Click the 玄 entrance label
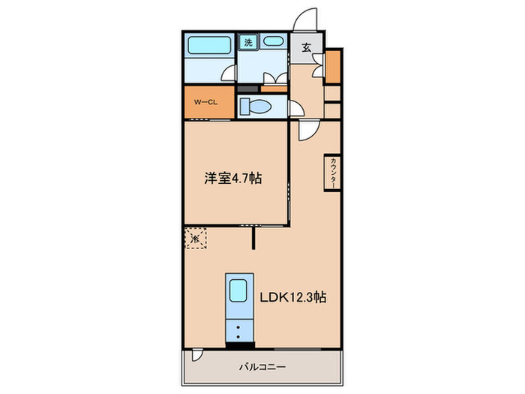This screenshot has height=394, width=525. pyautogui.click(x=306, y=47)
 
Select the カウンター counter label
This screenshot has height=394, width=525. pyautogui.click(x=331, y=173)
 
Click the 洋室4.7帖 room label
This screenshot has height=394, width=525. pyautogui.click(x=233, y=179)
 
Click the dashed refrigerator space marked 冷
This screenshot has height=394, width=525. pyautogui.click(x=194, y=238)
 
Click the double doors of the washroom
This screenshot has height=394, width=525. pyautogui.click(x=274, y=77)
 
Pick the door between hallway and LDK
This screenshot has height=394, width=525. pyautogui.click(x=307, y=130)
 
